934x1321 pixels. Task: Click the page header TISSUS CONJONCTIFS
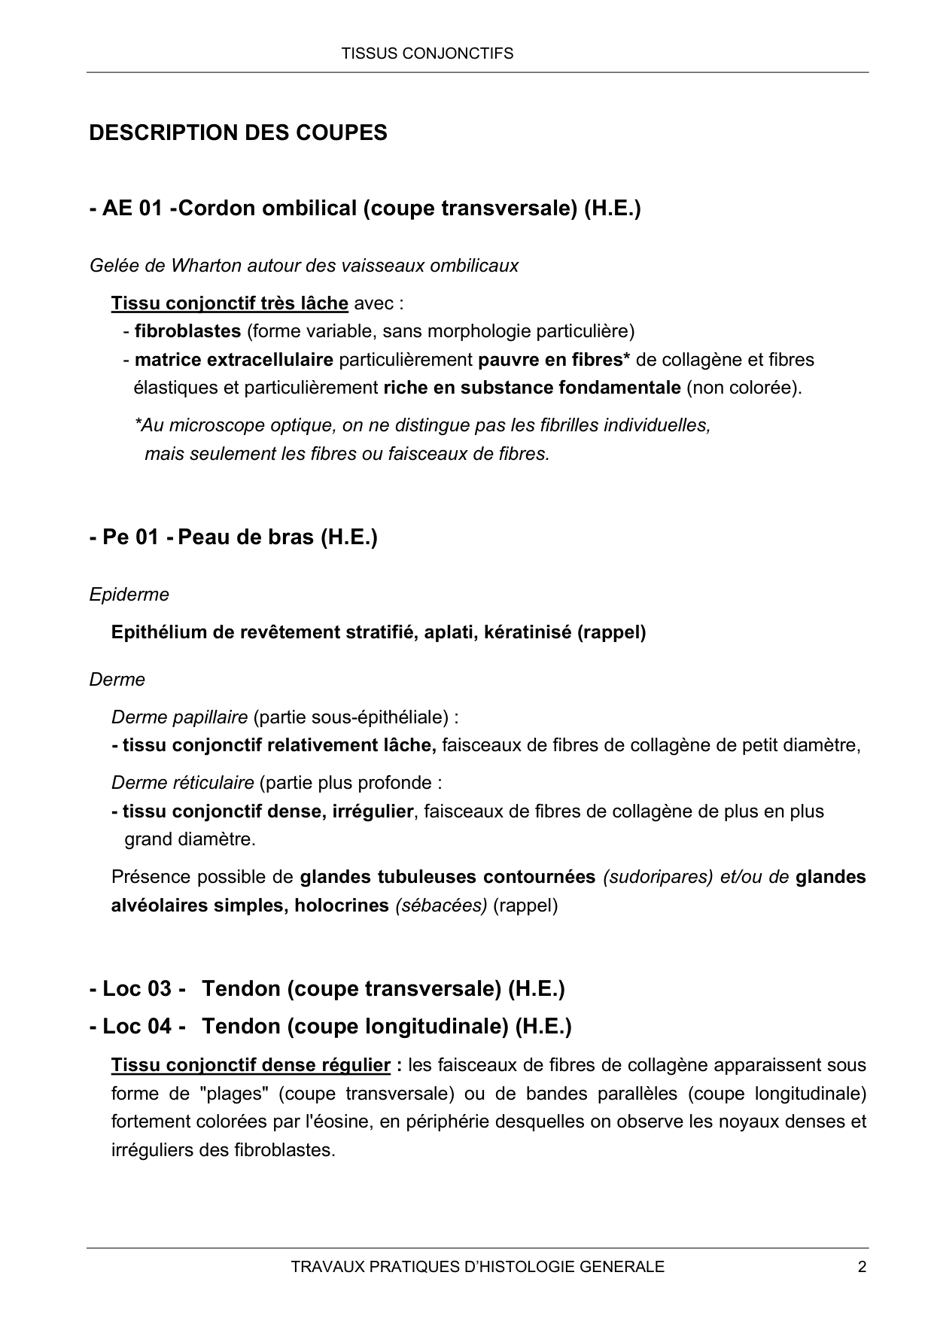(x=427, y=53)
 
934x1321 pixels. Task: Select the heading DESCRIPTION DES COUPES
(x=238, y=133)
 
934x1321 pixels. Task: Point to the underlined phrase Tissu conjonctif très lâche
(x=230, y=303)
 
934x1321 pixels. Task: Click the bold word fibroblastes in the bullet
(x=187, y=331)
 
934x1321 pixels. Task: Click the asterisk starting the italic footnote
(x=138, y=425)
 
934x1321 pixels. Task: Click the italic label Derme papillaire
(x=179, y=717)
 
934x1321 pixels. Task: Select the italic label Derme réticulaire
(x=182, y=783)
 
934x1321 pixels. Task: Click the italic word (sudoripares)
(x=658, y=877)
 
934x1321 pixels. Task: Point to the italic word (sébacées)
(x=442, y=906)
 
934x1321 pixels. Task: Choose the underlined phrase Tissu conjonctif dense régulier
(x=251, y=1065)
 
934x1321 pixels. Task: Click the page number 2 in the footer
(x=862, y=1267)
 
